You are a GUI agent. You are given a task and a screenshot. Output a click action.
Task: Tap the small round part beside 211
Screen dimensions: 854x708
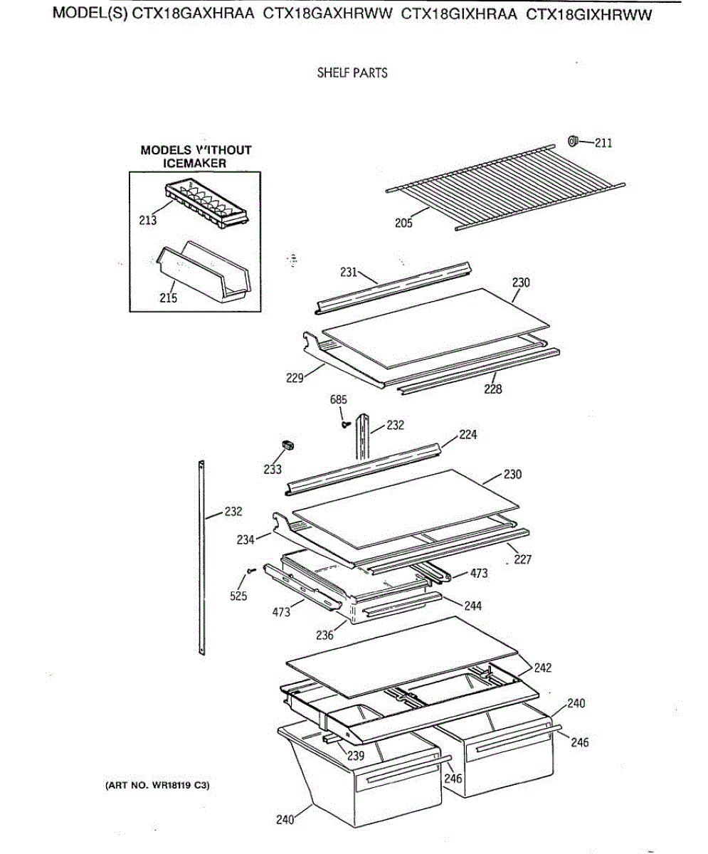pyautogui.click(x=574, y=141)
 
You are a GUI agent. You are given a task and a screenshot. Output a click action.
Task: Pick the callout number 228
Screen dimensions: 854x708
pyautogui.click(x=492, y=389)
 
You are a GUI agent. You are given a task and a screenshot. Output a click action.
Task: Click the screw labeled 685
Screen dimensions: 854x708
pyautogui.click(x=346, y=425)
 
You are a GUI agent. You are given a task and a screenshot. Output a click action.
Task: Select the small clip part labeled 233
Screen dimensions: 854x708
pyautogui.click(x=288, y=446)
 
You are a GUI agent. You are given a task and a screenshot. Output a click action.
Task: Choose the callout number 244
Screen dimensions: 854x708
pyautogui.click(x=473, y=606)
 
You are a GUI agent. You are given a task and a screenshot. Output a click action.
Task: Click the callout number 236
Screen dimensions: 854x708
pyautogui.click(x=324, y=636)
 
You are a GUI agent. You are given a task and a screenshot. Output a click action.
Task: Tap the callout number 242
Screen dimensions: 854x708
pyautogui.click(x=543, y=668)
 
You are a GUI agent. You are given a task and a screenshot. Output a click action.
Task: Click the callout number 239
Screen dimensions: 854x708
pyautogui.click(x=356, y=756)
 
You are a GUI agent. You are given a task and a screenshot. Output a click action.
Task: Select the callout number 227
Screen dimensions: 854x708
pyautogui.click(x=522, y=559)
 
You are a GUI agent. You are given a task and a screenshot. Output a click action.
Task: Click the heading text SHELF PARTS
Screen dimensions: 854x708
pyautogui.click(x=352, y=73)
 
